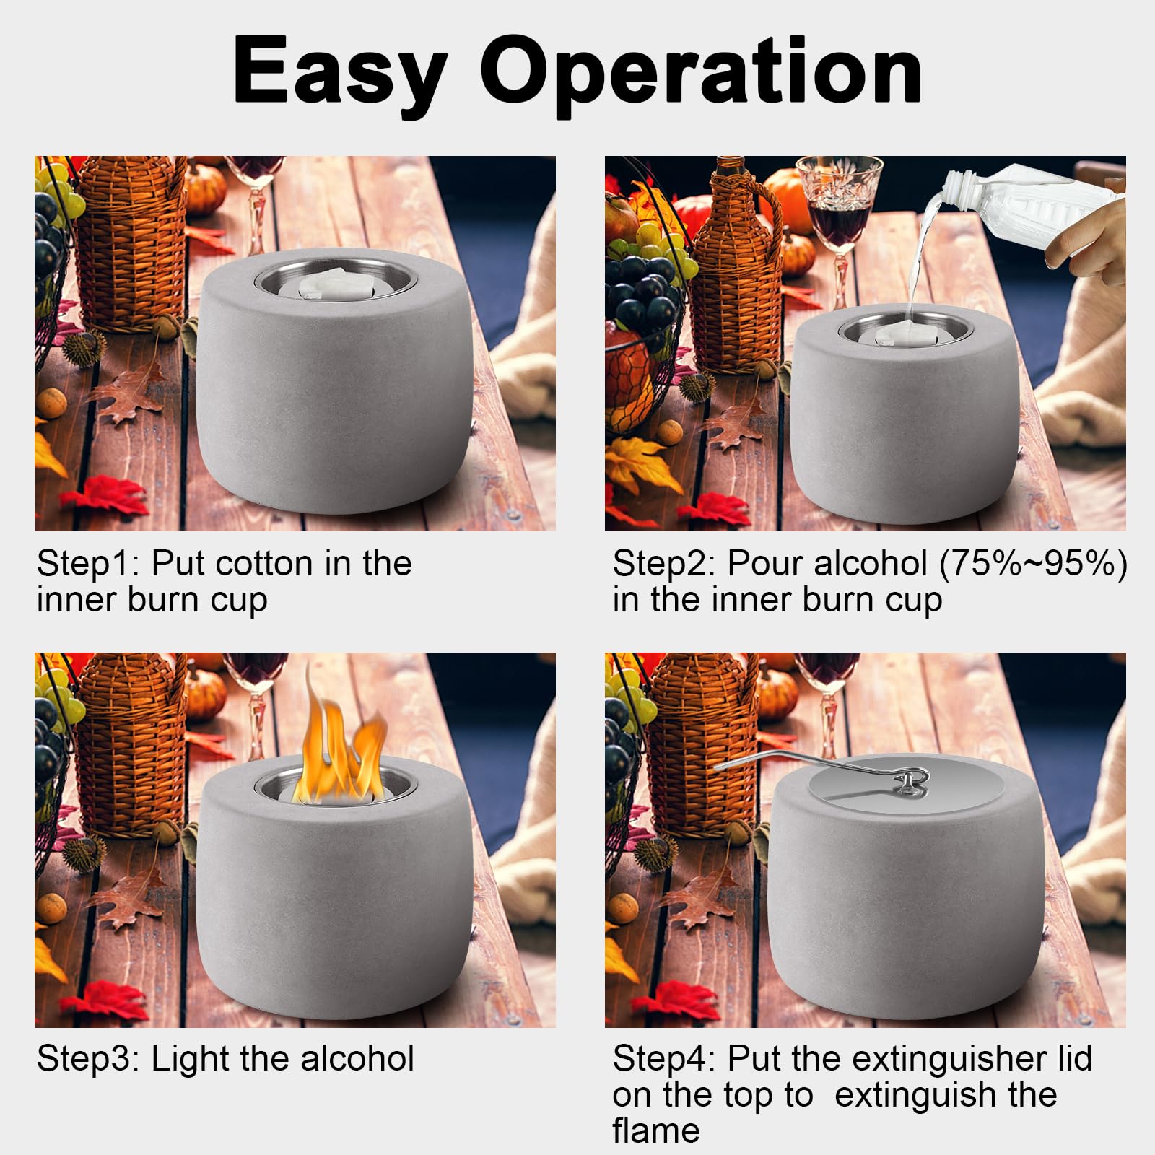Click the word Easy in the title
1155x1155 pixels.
tap(339, 74)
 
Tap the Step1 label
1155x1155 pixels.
tap(87, 565)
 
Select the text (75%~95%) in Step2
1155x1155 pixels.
tap(1033, 564)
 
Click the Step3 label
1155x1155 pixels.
tap(87, 1060)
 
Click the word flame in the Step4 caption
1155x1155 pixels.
tap(655, 1130)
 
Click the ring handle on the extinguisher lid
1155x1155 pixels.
tap(912, 781)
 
